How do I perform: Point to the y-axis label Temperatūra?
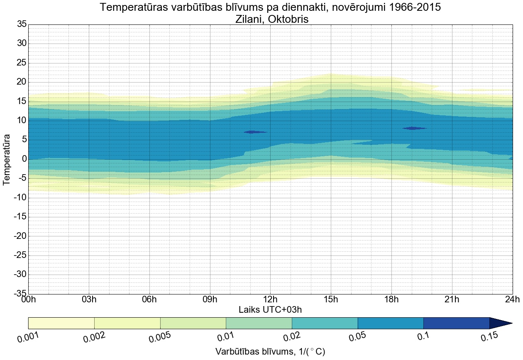[x=7, y=159]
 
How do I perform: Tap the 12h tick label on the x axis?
[x=270, y=299]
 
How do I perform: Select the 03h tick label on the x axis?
[x=89, y=299]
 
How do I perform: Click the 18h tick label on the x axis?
[x=391, y=299]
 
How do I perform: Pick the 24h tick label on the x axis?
[x=512, y=299]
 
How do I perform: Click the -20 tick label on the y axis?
[x=20, y=236]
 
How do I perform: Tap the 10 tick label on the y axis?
[x=22, y=120]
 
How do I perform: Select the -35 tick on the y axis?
[x=20, y=294]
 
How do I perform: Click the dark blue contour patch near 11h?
[x=255, y=132]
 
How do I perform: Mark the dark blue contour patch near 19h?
[x=414, y=128]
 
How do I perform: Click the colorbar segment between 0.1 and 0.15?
[x=456, y=323]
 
